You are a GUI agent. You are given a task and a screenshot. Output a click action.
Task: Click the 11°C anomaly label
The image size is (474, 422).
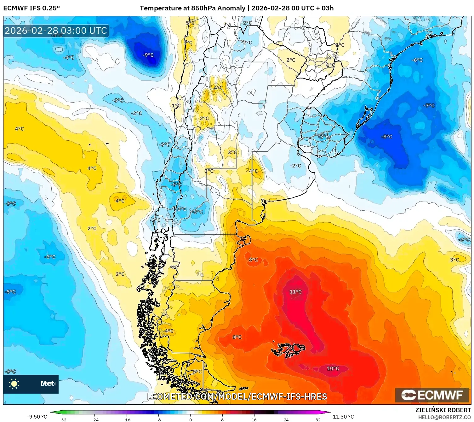[x=295, y=292]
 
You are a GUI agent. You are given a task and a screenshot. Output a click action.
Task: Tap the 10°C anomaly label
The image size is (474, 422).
[x=333, y=368]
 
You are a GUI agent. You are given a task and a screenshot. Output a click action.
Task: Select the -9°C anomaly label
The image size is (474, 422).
[x=148, y=55]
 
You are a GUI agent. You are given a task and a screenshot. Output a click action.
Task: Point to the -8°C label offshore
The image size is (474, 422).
[x=387, y=137]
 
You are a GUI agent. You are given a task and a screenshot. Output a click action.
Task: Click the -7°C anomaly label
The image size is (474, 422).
[x=429, y=106]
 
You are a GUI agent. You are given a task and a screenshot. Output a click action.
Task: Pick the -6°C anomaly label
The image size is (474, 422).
[x=417, y=60]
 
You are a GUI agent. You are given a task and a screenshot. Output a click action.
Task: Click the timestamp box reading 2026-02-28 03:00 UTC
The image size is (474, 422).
[x=56, y=31]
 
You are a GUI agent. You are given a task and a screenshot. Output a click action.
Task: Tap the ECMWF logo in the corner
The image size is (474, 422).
[x=432, y=395]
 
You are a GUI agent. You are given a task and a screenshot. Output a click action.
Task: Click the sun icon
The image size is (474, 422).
[x=14, y=384]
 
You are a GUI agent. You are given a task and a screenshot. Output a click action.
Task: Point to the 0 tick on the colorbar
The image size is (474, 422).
[x=190, y=419]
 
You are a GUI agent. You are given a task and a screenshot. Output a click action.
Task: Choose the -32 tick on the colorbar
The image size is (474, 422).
[x=63, y=419]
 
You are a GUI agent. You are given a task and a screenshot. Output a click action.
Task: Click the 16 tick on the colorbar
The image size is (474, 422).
[x=254, y=419]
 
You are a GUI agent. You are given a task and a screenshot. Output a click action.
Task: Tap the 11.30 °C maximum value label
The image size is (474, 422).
[x=343, y=417]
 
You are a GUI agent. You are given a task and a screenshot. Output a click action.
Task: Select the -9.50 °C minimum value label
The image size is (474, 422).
[x=37, y=417]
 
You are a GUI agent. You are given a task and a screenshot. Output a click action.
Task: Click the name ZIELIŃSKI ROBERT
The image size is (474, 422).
[x=443, y=410]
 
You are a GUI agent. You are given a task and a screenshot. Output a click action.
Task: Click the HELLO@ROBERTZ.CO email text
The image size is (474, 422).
[x=444, y=417]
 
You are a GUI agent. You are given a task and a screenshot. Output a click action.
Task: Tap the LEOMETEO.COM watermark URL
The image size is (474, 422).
[x=237, y=396]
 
